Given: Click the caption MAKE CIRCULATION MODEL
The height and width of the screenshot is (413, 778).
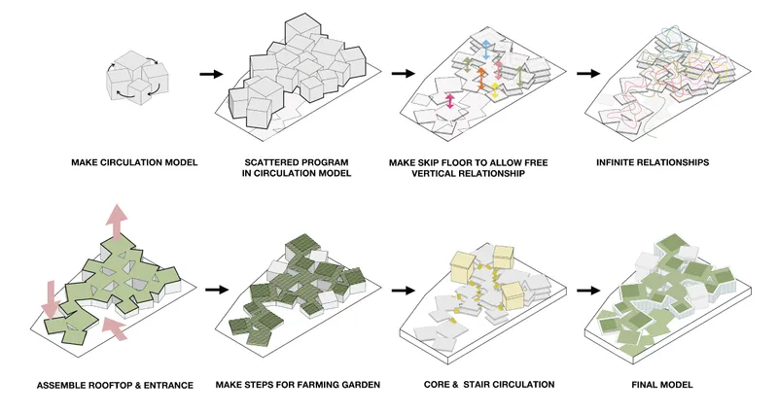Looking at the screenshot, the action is pyautogui.click(x=134, y=162).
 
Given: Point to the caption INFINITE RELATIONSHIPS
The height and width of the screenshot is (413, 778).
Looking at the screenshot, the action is pyautogui.click(x=653, y=162).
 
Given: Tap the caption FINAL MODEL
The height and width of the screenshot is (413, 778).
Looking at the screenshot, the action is pyautogui.click(x=662, y=385).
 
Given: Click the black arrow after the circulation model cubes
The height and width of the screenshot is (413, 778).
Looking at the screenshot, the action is pyautogui.click(x=211, y=75).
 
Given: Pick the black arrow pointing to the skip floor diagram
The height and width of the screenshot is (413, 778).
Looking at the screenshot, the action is pyautogui.click(x=403, y=74).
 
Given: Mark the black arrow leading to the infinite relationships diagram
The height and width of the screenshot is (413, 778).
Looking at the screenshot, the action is pyautogui.click(x=588, y=74).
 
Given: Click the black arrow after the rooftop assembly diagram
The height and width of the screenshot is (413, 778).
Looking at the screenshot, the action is pyautogui.click(x=217, y=290).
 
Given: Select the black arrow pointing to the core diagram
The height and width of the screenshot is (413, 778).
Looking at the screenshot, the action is pyautogui.click(x=403, y=290).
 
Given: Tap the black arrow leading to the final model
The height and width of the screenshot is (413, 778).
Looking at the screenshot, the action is pyautogui.click(x=588, y=290).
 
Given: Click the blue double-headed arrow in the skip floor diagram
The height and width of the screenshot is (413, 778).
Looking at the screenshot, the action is pyautogui.click(x=486, y=51).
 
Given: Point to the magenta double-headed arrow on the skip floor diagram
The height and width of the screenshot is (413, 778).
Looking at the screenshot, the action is pyautogui.click(x=450, y=101).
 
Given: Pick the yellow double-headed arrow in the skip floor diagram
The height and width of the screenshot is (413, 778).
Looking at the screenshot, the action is pyautogui.click(x=495, y=90).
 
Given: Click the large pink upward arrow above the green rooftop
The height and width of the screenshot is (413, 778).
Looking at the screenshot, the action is pyautogui.click(x=116, y=222).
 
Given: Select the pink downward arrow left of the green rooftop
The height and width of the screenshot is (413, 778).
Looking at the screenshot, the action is pyautogui.click(x=51, y=299).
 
